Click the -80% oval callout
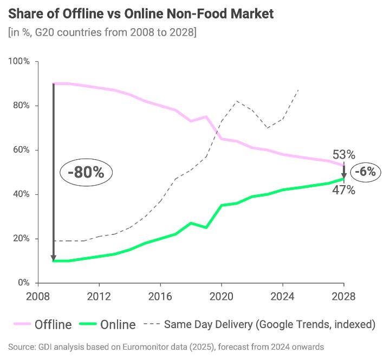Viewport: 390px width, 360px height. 86,173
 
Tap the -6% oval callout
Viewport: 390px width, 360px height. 366,172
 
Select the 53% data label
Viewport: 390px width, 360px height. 343,154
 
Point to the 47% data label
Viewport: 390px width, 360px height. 343,189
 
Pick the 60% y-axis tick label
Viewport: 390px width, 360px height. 21,150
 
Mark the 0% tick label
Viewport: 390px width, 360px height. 23,283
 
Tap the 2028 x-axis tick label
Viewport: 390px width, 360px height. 343,297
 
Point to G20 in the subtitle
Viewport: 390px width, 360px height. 43,33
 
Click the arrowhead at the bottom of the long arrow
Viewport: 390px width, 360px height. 53,257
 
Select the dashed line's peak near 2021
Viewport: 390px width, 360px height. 236,101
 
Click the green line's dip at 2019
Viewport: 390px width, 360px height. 206,227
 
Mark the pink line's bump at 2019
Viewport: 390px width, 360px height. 206,116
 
